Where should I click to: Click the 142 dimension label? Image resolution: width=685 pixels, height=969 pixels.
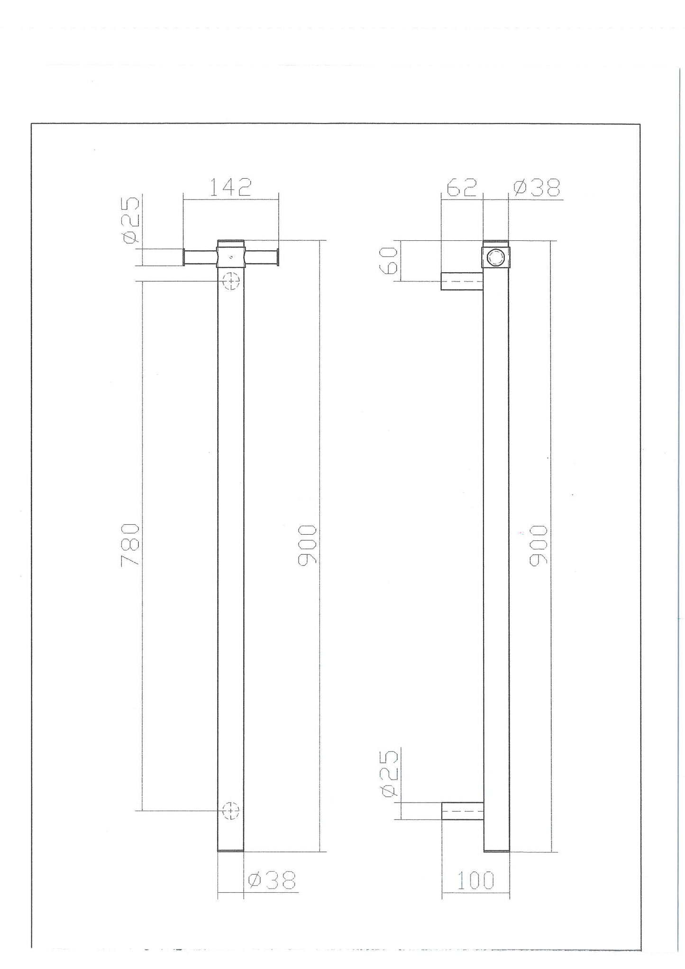[230, 188]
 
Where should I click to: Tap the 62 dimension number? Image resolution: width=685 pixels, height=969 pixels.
[461, 188]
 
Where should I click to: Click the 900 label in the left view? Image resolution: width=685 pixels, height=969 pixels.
[307, 545]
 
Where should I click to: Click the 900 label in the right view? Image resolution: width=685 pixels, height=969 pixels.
[539, 545]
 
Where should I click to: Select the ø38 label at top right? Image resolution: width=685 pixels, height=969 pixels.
[536, 188]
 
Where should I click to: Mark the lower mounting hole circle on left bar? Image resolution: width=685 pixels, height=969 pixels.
[231, 810]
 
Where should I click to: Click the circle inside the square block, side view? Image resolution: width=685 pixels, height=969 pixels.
[496, 257]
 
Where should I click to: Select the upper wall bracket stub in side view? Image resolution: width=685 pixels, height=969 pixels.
[462, 281]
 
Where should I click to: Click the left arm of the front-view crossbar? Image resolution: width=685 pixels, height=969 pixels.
[199, 257]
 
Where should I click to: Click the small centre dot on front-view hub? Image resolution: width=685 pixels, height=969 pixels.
[230, 257]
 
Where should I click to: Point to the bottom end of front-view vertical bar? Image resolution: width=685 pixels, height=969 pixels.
[230, 850]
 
